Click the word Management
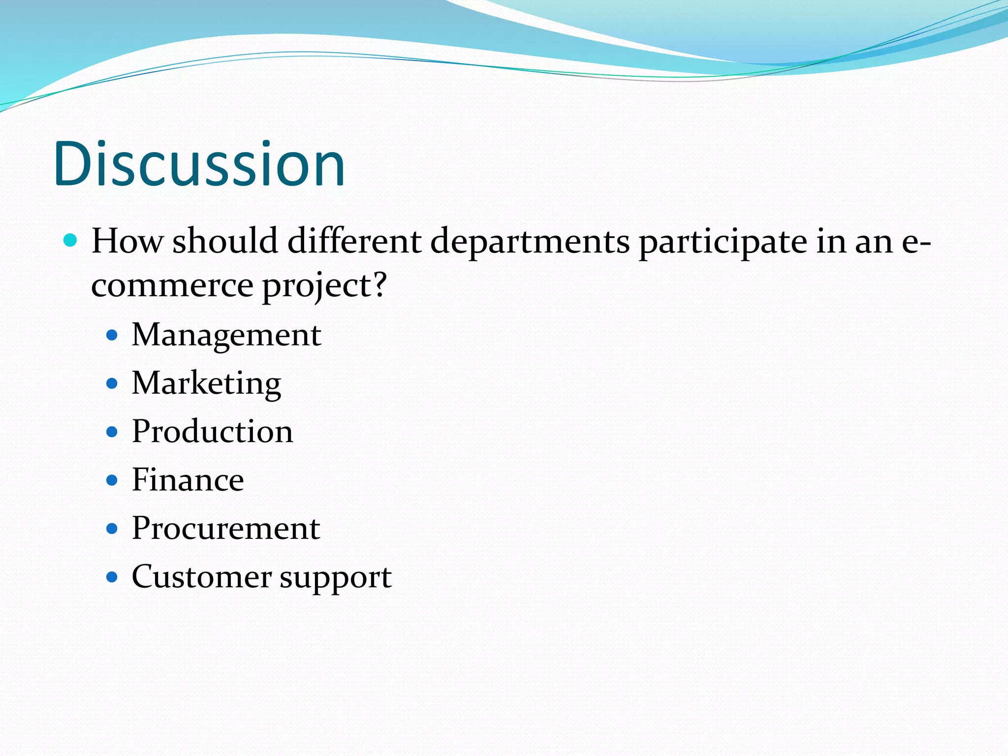[226, 335]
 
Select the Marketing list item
[206, 383]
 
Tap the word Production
[212, 432]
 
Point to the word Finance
[188, 480]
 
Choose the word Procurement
[226, 528]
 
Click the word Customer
[202, 576]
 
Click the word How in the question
[127, 241]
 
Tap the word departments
[530, 242]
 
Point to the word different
[354, 241]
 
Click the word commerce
[172, 286]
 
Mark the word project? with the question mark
[325, 286]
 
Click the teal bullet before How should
[71, 241]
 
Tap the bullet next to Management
[112, 336]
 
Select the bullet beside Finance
[112, 480]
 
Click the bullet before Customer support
[112, 577]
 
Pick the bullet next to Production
[112, 432]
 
